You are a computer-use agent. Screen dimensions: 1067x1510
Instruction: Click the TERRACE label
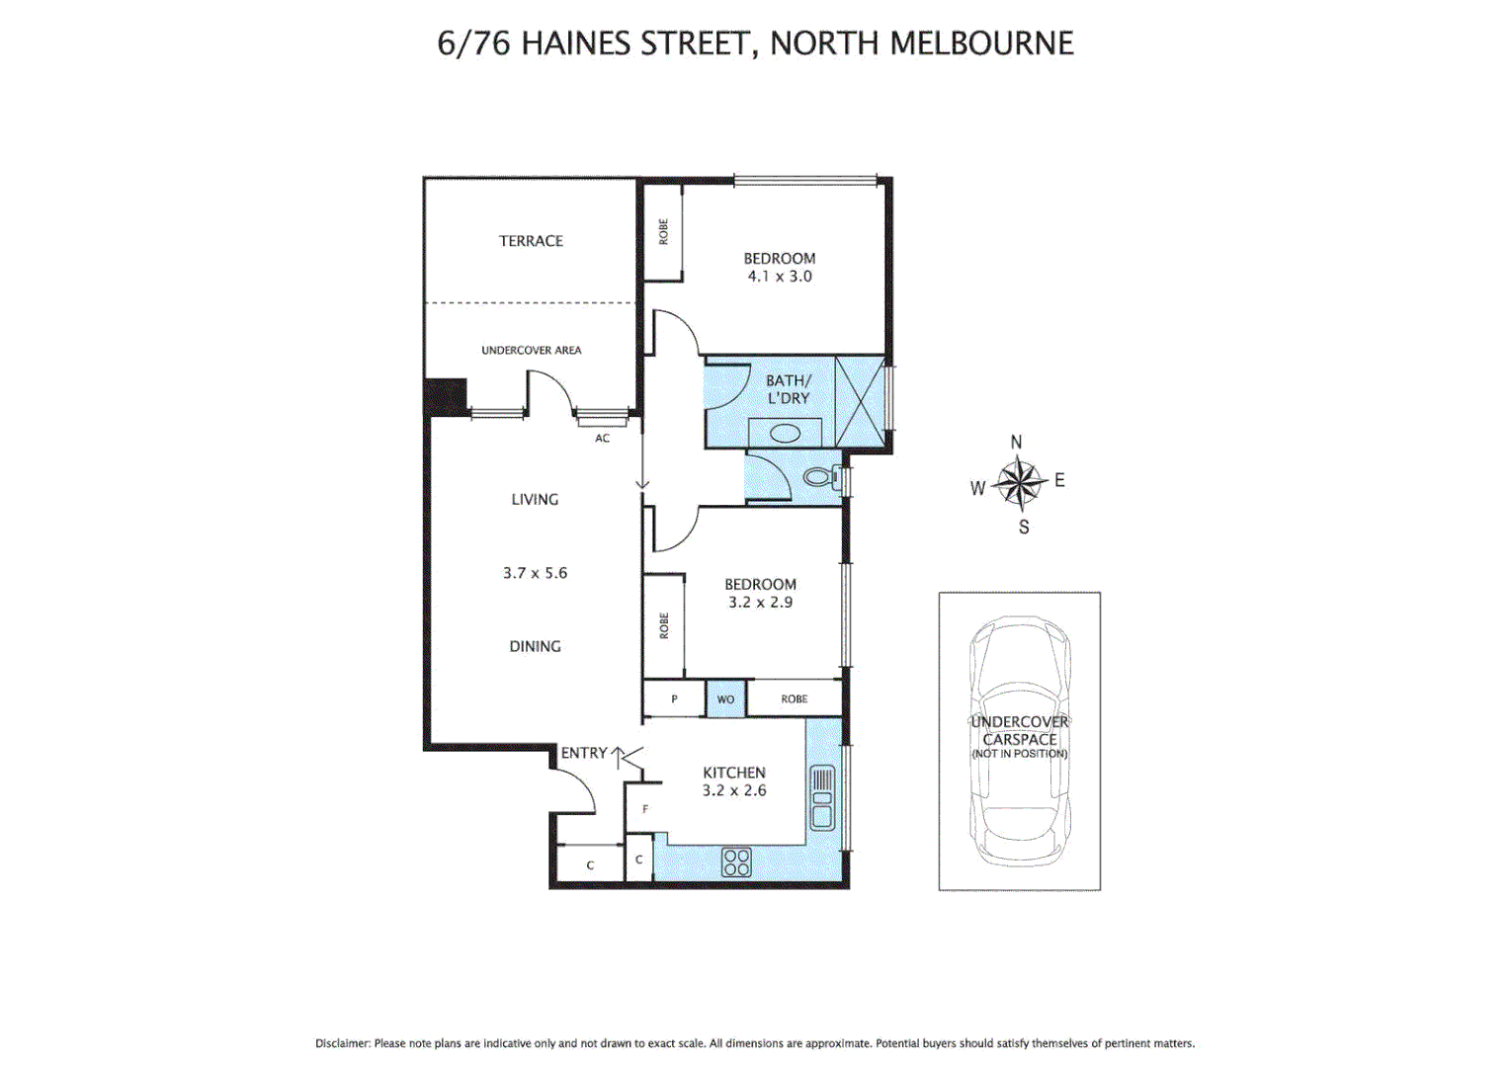(531, 241)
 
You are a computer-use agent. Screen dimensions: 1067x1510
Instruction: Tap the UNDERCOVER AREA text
(531, 350)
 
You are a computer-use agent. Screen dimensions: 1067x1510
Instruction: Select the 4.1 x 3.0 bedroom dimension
(780, 277)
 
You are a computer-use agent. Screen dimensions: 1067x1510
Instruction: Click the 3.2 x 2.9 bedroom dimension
(760, 603)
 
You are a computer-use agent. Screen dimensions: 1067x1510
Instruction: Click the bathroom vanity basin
(785, 434)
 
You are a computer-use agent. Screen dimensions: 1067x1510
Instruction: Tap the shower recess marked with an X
(859, 401)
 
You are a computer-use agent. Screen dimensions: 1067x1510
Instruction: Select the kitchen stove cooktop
(736, 862)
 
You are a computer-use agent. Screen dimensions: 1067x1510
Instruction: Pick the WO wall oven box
(725, 699)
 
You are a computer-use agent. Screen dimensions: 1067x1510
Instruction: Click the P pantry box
(674, 699)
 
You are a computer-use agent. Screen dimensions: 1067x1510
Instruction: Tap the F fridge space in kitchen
(645, 809)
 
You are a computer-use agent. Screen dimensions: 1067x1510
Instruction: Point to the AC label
(602, 439)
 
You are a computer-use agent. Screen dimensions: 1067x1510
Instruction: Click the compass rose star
(1019, 483)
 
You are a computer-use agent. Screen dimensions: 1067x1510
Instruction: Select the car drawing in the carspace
(1020, 741)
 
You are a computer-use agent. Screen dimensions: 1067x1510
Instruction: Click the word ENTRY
(583, 753)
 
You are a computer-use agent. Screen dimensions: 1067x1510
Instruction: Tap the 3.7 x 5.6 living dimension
(535, 573)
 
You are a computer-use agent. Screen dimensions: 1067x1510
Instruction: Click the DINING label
(535, 646)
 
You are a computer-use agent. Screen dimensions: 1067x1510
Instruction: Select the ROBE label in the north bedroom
(663, 232)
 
